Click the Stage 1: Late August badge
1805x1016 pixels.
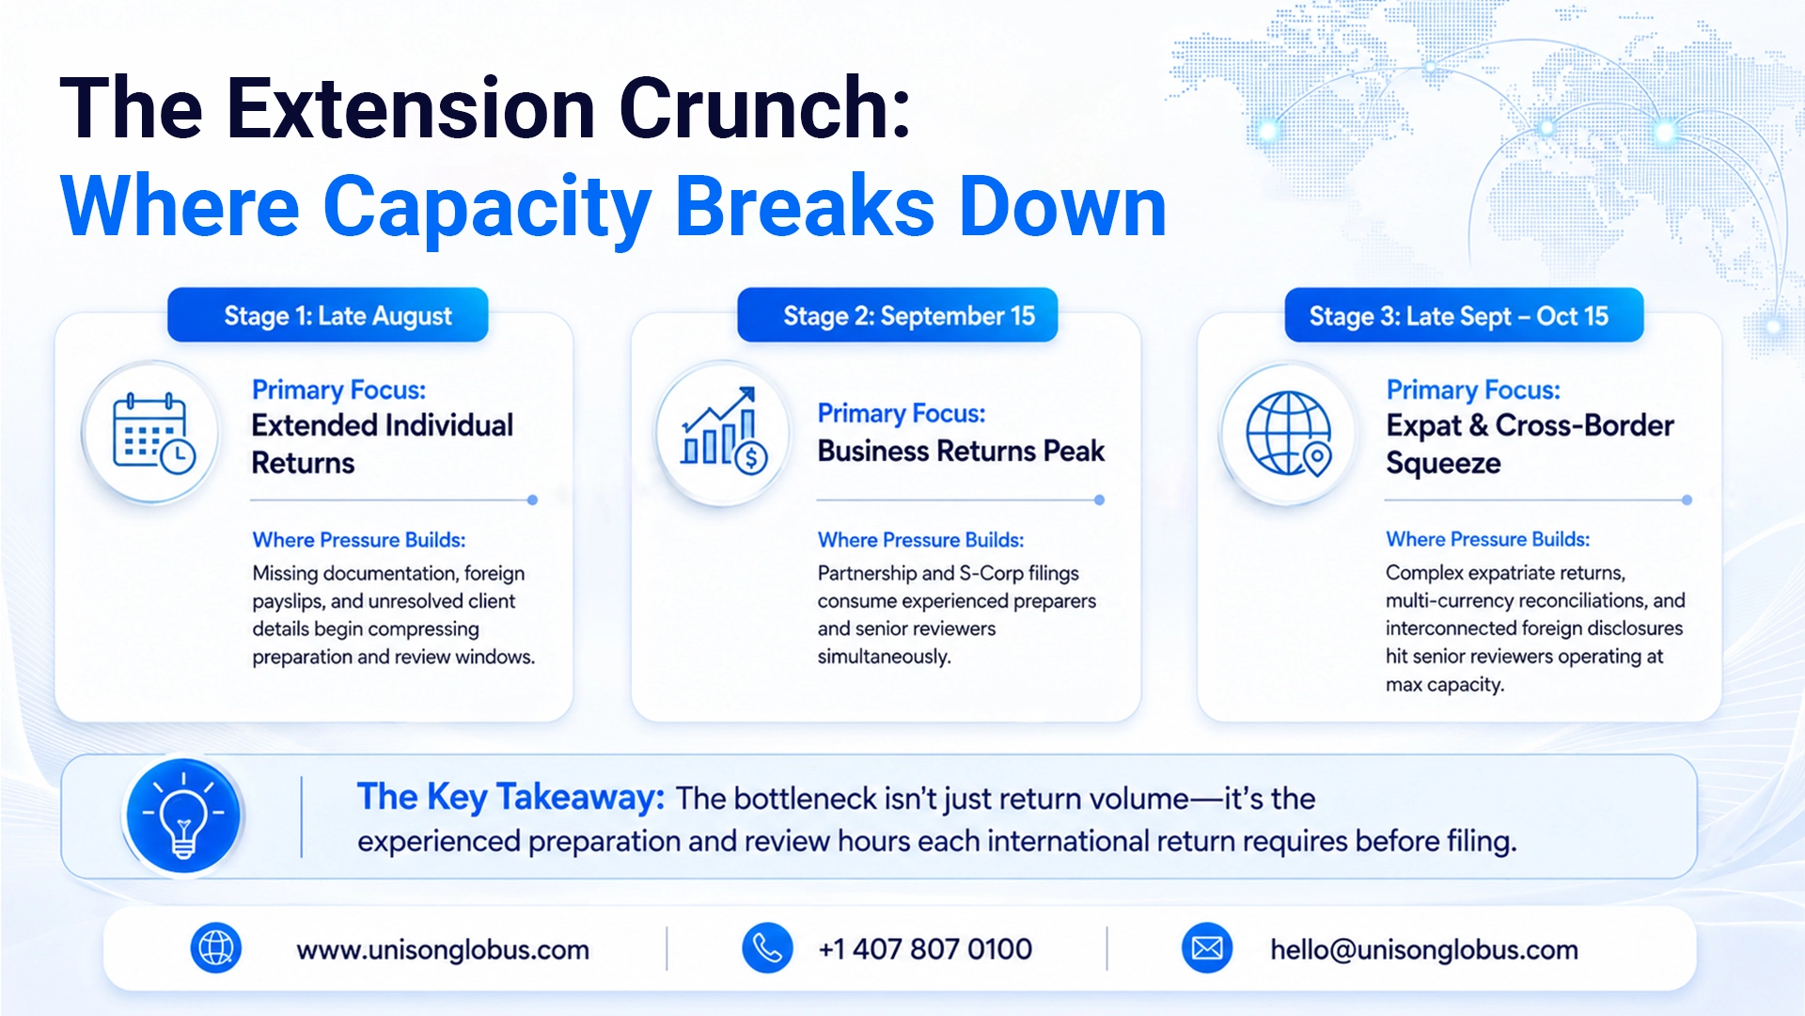pyautogui.click(x=328, y=315)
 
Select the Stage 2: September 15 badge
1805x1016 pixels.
pyautogui.click(x=898, y=315)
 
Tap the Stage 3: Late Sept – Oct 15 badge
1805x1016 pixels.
pyautogui.click(x=1464, y=315)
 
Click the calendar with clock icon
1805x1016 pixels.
pyautogui.click(x=153, y=433)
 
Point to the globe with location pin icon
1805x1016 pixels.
pyautogui.click(x=1289, y=434)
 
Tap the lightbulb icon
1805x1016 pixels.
pyautogui.click(x=183, y=816)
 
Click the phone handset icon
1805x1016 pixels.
pyautogui.click(x=767, y=948)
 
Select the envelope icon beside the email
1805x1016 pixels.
pyautogui.click(x=1207, y=948)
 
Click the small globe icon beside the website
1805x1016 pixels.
pyautogui.click(x=216, y=948)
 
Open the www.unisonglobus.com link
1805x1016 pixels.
pyautogui.click(x=443, y=950)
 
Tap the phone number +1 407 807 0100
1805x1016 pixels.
pyautogui.click(x=925, y=949)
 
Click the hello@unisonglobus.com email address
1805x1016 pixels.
pyautogui.click(x=1424, y=950)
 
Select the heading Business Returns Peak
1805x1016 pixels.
pyautogui.click(x=961, y=452)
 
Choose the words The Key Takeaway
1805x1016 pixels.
pyautogui.click(x=510, y=798)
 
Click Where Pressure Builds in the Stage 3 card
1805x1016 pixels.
pyautogui.click(x=1487, y=539)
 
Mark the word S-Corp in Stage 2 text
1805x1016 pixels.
pyautogui.click(x=991, y=574)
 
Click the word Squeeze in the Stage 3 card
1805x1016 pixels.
pyautogui.click(x=1443, y=465)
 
